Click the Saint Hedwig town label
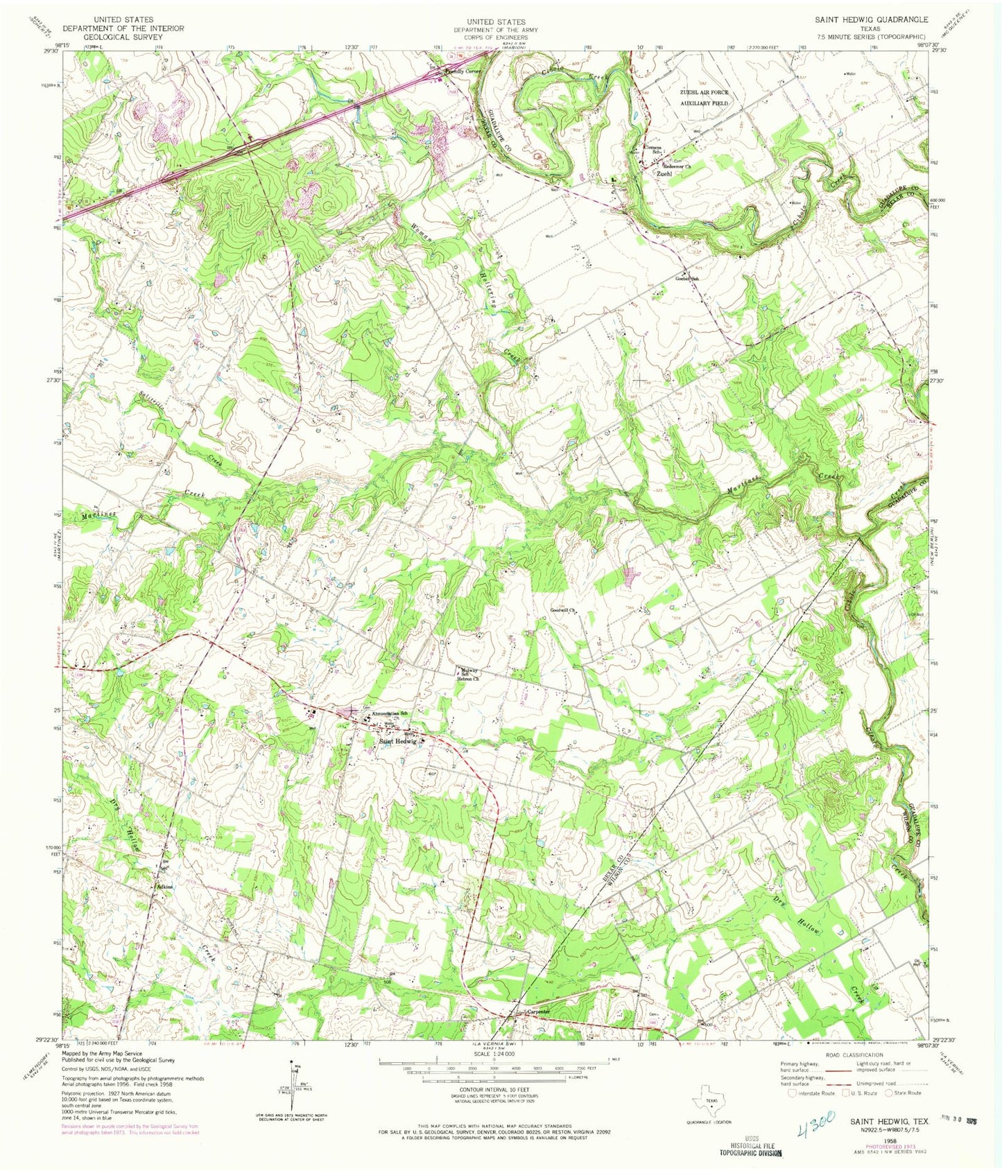[397, 741]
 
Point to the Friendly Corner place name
[465, 71]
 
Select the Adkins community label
[164, 887]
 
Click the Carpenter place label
[538, 1011]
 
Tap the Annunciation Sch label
[388, 714]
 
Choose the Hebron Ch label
[467, 679]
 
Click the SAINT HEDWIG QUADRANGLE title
[871, 20]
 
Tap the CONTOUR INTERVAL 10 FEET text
[495, 1091]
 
